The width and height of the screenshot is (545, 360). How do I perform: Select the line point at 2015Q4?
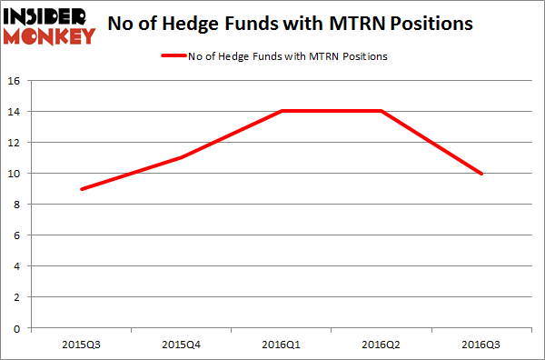click(x=183, y=158)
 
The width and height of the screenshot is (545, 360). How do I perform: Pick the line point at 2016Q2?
click(x=381, y=111)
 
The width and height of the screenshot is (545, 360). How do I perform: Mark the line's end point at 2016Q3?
click(x=481, y=174)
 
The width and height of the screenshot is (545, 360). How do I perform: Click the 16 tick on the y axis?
click(x=16, y=80)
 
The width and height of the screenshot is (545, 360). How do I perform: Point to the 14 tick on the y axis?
click(x=16, y=111)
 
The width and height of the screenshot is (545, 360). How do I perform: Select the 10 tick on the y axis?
click(x=16, y=174)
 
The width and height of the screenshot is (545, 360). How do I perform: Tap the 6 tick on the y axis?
click(x=19, y=235)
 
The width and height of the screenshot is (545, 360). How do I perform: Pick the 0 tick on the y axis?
click(x=19, y=328)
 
